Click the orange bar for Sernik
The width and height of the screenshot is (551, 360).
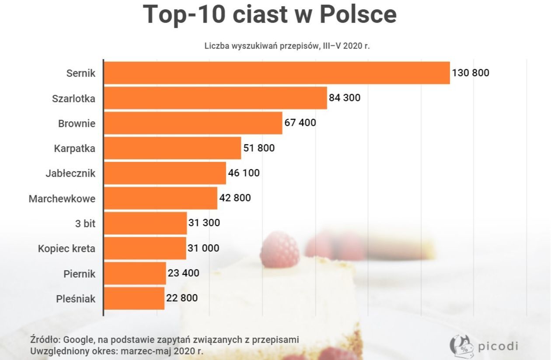click(x=277, y=73)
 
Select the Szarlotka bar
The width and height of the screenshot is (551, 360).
click(x=216, y=98)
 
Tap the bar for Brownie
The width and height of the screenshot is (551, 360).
click(x=193, y=123)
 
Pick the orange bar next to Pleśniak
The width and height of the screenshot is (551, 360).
click(x=134, y=298)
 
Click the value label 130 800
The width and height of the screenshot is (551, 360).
click(x=471, y=73)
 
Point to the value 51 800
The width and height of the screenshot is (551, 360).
click(x=259, y=148)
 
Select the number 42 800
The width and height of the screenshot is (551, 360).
click(x=235, y=198)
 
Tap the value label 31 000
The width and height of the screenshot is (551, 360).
click(x=203, y=248)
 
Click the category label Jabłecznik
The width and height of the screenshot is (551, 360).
click(x=70, y=173)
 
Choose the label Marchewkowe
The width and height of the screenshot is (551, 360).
click(x=62, y=199)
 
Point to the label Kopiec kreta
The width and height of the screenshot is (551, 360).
click(x=66, y=249)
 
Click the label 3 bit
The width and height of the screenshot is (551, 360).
click(x=85, y=224)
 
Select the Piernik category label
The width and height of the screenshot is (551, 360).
click(x=79, y=274)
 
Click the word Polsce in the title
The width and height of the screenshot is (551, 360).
click(x=358, y=14)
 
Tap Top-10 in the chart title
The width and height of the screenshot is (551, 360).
click(x=184, y=14)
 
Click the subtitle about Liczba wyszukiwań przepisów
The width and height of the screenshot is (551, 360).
click(x=287, y=46)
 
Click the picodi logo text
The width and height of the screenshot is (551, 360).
click(x=498, y=346)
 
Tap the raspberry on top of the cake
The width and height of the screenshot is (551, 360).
click(x=280, y=249)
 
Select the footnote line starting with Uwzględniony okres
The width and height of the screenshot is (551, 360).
click(x=117, y=351)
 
